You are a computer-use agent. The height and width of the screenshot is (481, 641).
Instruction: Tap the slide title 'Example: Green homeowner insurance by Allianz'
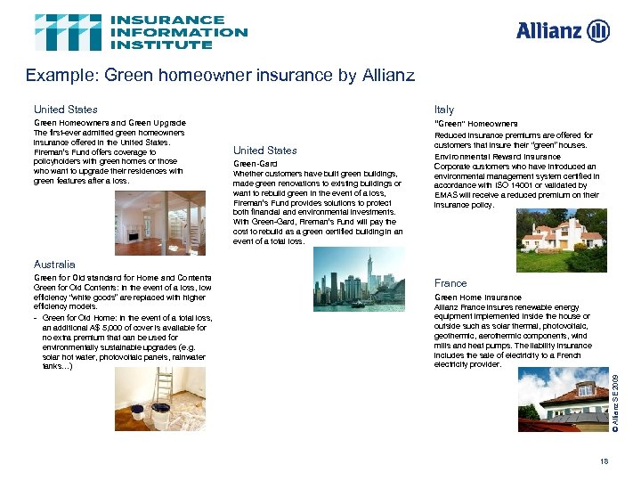220,76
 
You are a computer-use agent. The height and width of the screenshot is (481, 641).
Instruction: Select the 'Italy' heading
443,110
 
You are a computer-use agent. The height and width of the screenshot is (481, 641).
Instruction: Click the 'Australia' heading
54,265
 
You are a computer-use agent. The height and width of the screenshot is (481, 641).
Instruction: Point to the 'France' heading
450,283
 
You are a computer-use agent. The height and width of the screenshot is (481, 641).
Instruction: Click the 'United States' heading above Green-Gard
264,151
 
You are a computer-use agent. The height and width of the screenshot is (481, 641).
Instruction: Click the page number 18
604,461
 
